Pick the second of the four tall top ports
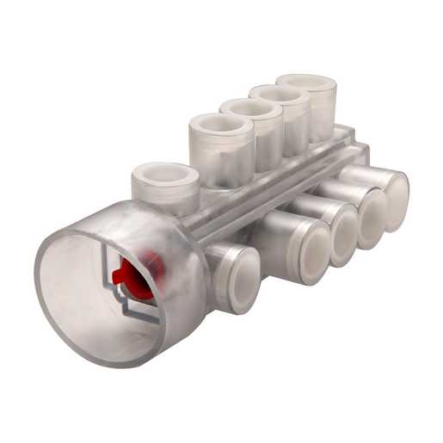point(251,109)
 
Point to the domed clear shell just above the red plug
point(159,232)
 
